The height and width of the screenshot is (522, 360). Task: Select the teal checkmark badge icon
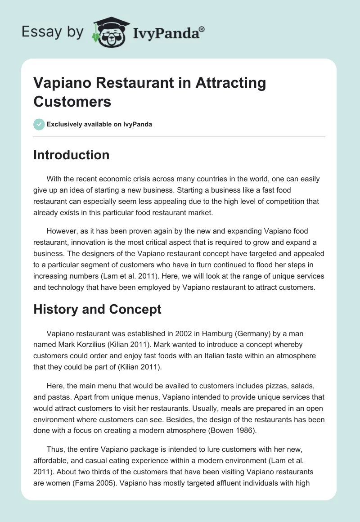tap(39, 124)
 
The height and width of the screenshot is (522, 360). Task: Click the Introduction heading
tap(72, 155)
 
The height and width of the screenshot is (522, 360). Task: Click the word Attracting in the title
tap(229, 83)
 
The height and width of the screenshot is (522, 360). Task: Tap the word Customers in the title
tap(72, 101)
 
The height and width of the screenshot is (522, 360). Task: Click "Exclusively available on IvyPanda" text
tap(99, 124)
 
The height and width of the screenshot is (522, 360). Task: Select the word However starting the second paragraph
tap(63, 231)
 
